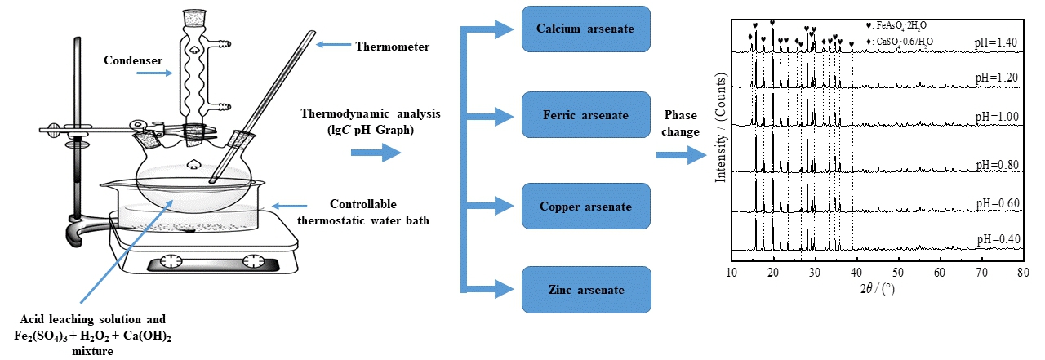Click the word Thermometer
tap(392, 47)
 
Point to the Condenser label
tap(132, 60)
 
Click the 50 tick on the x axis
tap(898, 271)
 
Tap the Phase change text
tap(681, 123)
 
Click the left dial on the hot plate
tap(171, 261)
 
